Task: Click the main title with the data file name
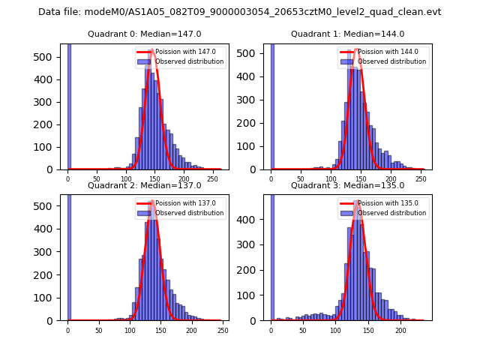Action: (x=240, y=12)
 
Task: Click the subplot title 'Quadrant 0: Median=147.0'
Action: (x=145, y=34)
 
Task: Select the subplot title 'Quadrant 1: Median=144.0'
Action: (x=347, y=34)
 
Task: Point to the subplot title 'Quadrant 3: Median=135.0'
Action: (x=347, y=185)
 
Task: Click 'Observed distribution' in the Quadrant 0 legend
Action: (x=189, y=61)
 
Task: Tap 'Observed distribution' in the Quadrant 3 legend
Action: (x=391, y=212)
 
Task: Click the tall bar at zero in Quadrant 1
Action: (x=271, y=105)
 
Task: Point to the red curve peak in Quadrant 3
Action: (x=358, y=202)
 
